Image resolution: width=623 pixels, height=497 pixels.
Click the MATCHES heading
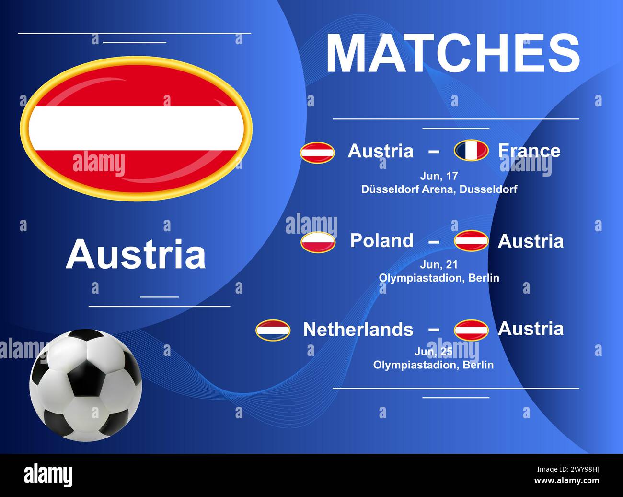[453, 53]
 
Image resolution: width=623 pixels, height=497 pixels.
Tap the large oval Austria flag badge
[136, 129]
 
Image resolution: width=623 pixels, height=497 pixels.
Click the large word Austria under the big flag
[136, 254]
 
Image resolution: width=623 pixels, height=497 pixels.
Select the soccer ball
[86, 385]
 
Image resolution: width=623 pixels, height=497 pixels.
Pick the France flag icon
[471, 151]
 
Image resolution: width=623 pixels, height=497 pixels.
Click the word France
[529, 151]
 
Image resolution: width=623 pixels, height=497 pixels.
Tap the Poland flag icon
[318, 242]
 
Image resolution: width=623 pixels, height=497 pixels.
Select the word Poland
[381, 240]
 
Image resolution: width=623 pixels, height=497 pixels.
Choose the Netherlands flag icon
[273, 330]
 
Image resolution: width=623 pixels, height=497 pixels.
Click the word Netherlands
[358, 330]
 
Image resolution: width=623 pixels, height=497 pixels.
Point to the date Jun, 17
[438, 176]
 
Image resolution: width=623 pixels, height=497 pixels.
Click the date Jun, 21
[438, 264]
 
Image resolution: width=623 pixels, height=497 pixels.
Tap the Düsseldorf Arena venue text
[439, 189]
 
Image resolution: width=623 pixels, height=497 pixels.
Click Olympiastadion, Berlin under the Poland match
[439, 278]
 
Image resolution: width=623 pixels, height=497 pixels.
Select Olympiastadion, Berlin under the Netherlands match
[433, 365]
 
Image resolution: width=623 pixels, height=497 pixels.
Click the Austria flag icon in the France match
[317, 153]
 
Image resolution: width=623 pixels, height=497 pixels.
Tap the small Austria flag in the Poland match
[471, 241]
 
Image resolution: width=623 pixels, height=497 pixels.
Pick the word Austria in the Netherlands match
[531, 329]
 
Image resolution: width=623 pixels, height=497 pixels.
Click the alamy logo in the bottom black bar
[48, 475]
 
